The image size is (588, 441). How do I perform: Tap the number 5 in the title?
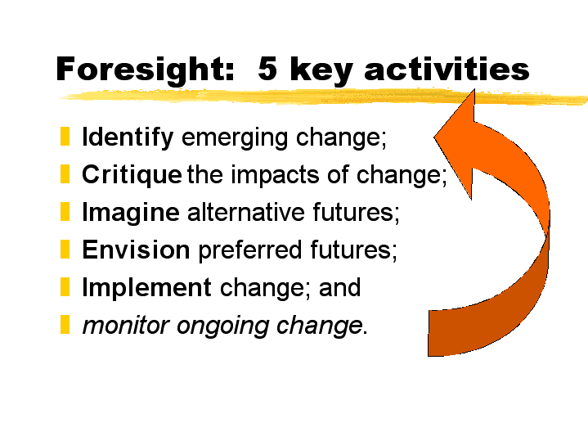(x=267, y=68)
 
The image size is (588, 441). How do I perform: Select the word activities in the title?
(x=447, y=68)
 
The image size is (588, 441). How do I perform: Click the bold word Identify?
(x=128, y=137)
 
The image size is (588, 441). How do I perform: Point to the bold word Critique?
(x=132, y=175)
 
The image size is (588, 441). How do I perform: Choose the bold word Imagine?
(x=131, y=213)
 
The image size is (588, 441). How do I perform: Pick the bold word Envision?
(x=136, y=250)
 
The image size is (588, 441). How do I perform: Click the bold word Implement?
(x=146, y=287)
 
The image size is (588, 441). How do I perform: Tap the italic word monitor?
(x=126, y=325)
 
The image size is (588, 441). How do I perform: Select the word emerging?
(x=235, y=138)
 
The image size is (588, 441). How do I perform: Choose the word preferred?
(x=250, y=250)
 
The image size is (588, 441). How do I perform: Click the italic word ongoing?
(x=222, y=326)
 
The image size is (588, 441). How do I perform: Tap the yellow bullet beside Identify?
(x=65, y=137)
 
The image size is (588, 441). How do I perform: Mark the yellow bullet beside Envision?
(x=65, y=250)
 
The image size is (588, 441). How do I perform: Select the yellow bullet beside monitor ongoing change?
(x=65, y=324)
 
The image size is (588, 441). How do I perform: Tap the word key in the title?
(x=321, y=70)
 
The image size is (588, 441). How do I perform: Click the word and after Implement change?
(x=339, y=287)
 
